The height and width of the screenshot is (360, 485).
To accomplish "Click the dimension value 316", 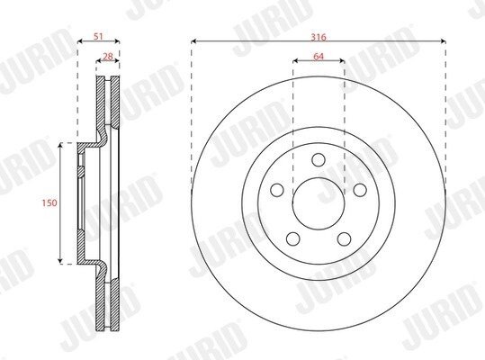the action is pyautogui.click(x=319, y=37).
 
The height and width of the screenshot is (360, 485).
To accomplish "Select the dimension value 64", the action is pyautogui.click(x=319, y=57).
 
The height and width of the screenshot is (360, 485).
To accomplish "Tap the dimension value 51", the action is pyautogui.click(x=98, y=37).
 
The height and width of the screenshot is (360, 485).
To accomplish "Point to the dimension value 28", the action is pyautogui.click(x=107, y=57).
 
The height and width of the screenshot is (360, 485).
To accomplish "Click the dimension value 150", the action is pyautogui.click(x=49, y=202).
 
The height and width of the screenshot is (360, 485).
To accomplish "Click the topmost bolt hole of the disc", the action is pyautogui.click(x=319, y=159).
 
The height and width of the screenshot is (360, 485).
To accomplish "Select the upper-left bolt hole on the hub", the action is pyautogui.click(x=277, y=190).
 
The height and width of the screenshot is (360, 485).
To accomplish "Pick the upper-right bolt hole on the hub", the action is pyautogui.click(x=360, y=190).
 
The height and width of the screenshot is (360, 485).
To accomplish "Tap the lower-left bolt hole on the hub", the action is pyautogui.click(x=293, y=238).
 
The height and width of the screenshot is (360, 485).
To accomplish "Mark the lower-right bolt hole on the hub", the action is pyautogui.click(x=344, y=238).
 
